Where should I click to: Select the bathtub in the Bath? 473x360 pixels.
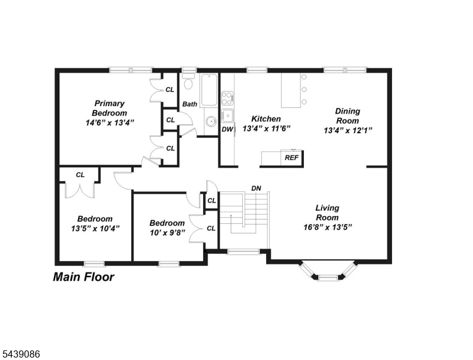pyautogui.click(x=209, y=90)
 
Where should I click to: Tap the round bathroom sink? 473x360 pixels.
pyautogui.click(x=211, y=121)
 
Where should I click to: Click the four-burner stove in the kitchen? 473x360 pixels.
pyautogui.click(x=227, y=98)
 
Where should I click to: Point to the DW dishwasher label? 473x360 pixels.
pyautogui.click(x=227, y=129)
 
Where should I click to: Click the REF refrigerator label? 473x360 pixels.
pyautogui.click(x=292, y=158)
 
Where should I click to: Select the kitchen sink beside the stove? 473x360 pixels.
pyautogui.click(x=227, y=115)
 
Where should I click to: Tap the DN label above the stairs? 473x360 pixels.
pyautogui.click(x=256, y=188)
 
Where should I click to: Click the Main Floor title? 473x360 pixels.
pyautogui.click(x=83, y=277)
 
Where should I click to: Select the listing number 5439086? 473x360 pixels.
pyautogui.click(x=22, y=354)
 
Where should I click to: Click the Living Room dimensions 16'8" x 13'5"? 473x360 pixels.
pyautogui.click(x=327, y=227)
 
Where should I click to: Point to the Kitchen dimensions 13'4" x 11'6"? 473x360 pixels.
pyautogui.click(x=266, y=128)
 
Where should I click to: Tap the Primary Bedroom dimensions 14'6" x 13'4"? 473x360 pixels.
pyautogui.click(x=110, y=122)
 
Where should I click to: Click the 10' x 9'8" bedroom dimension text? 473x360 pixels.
pyautogui.click(x=167, y=233)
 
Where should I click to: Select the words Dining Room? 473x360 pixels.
pyautogui.click(x=348, y=116)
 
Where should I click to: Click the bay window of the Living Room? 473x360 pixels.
pyautogui.click(x=327, y=271)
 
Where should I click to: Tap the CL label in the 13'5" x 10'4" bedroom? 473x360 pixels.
pyautogui.click(x=80, y=175)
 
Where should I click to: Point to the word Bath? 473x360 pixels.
pyautogui.click(x=190, y=104)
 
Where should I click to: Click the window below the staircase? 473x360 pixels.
pyautogui.click(x=243, y=251)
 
